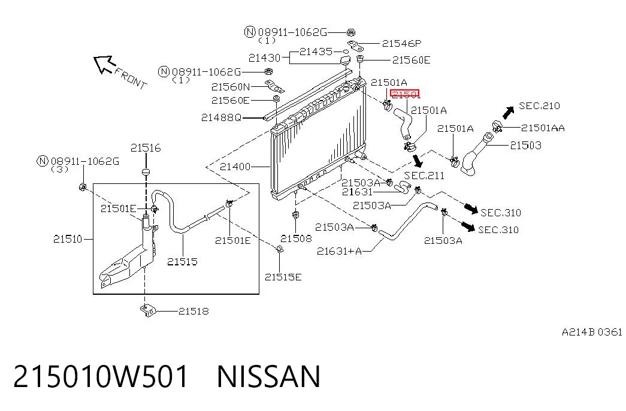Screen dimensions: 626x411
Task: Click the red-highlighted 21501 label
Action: click(405, 94)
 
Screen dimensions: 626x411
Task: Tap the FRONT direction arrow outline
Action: click(104, 64)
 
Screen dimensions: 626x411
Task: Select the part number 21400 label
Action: click(235, 166)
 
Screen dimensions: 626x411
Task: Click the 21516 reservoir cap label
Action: click(146, 148)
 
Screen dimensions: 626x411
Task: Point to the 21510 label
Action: click(68, 239)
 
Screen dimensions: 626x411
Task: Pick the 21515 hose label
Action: click(183, 262)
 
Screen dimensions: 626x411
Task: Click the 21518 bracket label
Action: click(193, 311)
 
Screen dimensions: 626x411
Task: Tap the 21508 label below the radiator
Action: click(296, 238)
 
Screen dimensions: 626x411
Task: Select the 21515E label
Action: click(283, 277)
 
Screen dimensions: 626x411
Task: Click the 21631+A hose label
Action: click(339, 251)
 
